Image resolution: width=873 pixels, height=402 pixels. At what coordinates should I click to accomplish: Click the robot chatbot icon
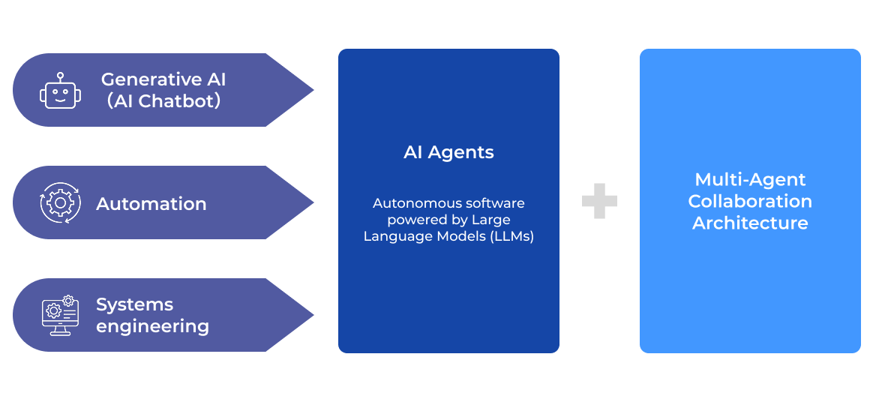60,91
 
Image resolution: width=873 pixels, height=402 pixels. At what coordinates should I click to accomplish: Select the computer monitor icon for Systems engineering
60,316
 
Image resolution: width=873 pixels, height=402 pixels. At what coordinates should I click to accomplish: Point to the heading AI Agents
448,152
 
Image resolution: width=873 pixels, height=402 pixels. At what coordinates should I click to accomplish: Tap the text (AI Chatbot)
163,101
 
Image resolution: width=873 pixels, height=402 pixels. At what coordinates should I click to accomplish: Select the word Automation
151,203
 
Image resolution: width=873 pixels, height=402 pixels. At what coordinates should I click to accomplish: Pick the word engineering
152,326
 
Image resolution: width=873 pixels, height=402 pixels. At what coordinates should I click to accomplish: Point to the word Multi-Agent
750,180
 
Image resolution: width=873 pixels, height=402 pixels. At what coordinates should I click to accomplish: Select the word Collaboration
750,201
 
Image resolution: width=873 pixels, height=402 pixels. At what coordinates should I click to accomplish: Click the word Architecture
750,223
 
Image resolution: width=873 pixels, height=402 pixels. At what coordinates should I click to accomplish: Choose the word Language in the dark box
394,236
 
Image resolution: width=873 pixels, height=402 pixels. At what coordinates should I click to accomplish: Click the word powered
414,220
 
